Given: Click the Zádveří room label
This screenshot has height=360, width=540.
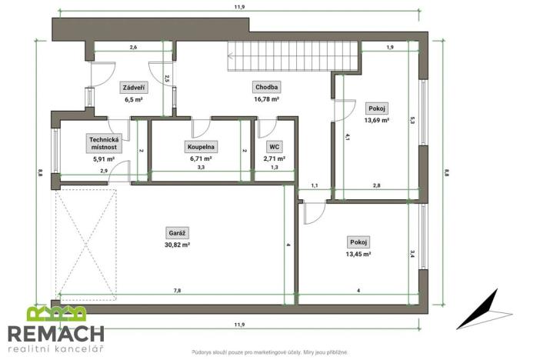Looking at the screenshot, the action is (x=134, y=88).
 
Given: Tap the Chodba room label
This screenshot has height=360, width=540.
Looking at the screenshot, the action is (x=267, y=87).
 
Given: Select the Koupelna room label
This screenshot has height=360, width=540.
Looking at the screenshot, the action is (x=201, y=147).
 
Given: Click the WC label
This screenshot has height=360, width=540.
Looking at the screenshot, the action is (x=274, y=147).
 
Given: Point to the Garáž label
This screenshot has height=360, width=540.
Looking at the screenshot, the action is (x=178, y=233).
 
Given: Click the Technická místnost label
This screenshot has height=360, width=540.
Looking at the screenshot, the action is (x=104, y=143).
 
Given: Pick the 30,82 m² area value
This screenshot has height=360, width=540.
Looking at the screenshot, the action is (x=178, y=245).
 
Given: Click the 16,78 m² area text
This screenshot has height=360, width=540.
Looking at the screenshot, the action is (x=266, y=99).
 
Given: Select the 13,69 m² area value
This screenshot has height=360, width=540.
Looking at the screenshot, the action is (x=377, y=120).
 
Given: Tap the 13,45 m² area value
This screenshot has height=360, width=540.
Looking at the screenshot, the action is (x=358, y=255).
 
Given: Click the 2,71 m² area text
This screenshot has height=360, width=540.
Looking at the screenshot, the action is (x=274, y=158).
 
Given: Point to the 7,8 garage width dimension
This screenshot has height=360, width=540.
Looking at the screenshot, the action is (x=178, y=291).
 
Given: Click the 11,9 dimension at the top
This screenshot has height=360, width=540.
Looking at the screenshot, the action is (x=239, y=7).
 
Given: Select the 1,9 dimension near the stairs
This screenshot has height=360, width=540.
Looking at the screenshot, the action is (x=390, y=47).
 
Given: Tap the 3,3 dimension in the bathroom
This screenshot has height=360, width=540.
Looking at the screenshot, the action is (x=201, y=168).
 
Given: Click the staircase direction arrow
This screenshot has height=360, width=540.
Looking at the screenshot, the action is (x=230, y=55).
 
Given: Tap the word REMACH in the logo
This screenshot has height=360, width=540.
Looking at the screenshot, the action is (x=56, y=333).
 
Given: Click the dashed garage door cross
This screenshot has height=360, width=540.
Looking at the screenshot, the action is (x=86, y=245).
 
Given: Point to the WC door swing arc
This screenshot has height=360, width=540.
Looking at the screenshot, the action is (x=270, y=131).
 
